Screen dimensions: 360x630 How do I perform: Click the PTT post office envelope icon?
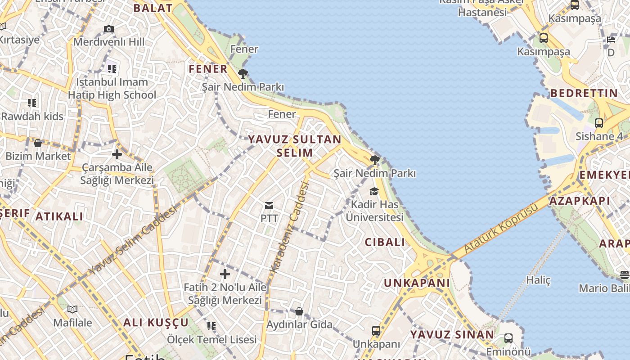point(269,206)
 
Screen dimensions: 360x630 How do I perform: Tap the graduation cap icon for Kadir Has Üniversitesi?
point(374,192)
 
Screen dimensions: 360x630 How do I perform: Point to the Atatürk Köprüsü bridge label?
point(501,228)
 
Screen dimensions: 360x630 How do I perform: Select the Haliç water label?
point(539,280)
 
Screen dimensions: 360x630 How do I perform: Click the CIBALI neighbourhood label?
point(385,242)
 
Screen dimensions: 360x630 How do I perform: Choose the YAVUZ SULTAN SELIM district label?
point(295,146)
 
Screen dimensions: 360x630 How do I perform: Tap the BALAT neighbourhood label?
point(153,8)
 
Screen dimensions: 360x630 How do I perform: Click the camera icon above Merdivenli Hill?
point(109,29)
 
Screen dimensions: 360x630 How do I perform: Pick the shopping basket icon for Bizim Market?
point(38,143)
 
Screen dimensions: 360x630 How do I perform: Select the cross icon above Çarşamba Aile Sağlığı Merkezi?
point(117,154)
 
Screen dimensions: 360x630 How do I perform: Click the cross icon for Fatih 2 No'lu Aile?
point(225,274)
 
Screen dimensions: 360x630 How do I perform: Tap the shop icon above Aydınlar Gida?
point(299,311)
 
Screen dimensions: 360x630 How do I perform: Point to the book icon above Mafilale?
point(72,309)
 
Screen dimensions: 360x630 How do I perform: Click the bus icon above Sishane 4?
point(599,123)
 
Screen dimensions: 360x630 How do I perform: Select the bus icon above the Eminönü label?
point(508,338)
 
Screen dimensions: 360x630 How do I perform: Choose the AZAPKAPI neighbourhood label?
point(580,201)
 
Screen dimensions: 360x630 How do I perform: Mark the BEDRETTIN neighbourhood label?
point(584,94)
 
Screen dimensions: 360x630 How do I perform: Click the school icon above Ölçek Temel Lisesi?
point(211,326)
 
